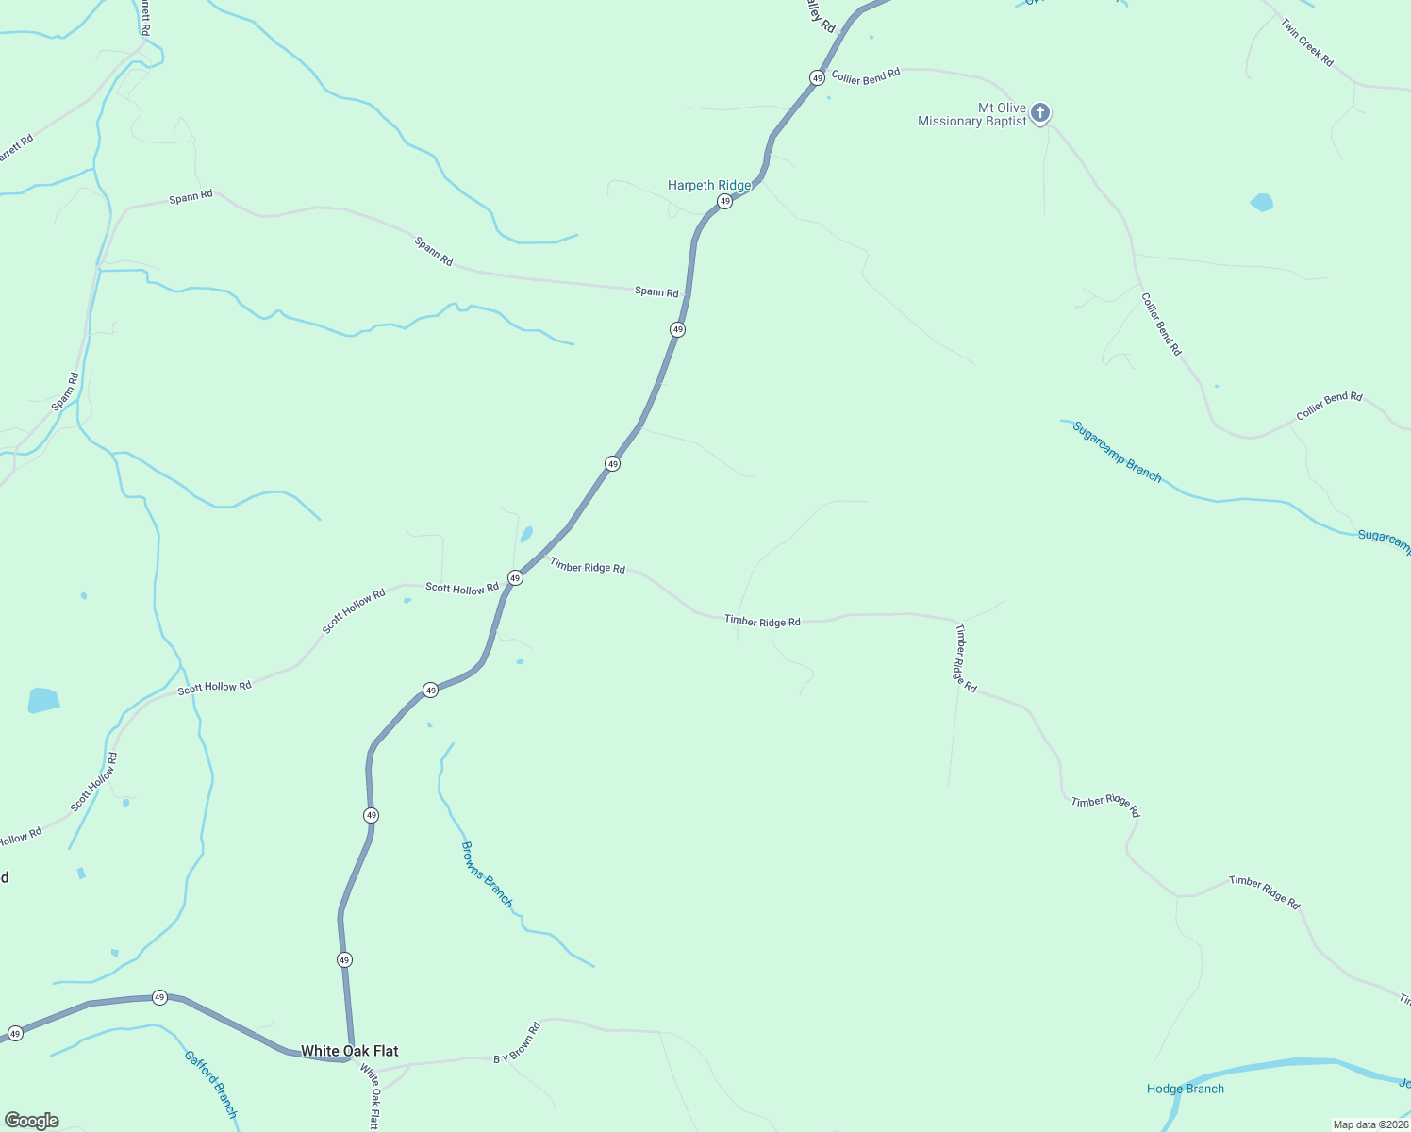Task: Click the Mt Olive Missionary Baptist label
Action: [972, 114]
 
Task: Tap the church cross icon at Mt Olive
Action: [1039, 113]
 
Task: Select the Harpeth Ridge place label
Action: [709, 185]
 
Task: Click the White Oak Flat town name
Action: [349, 1051]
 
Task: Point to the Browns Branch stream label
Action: [487, 874]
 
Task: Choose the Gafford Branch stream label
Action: [211, 1085]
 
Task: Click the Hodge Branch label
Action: [1186, 1089]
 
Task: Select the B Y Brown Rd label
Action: [517, 1043]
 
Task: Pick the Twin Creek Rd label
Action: [1307, 42]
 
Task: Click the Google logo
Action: [32, 1121]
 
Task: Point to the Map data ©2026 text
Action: [1370, 1124]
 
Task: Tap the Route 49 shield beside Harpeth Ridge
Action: [724, 202]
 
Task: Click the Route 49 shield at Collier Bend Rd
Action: [817, 77]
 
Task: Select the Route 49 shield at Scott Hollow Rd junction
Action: [515, 577]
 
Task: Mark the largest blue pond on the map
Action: [43, 700]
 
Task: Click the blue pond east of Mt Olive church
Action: [1261, 202]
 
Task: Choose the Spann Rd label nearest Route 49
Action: [656, 292]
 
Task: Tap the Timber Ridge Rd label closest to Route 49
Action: [588, 566]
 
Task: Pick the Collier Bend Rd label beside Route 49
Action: [866, 76]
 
